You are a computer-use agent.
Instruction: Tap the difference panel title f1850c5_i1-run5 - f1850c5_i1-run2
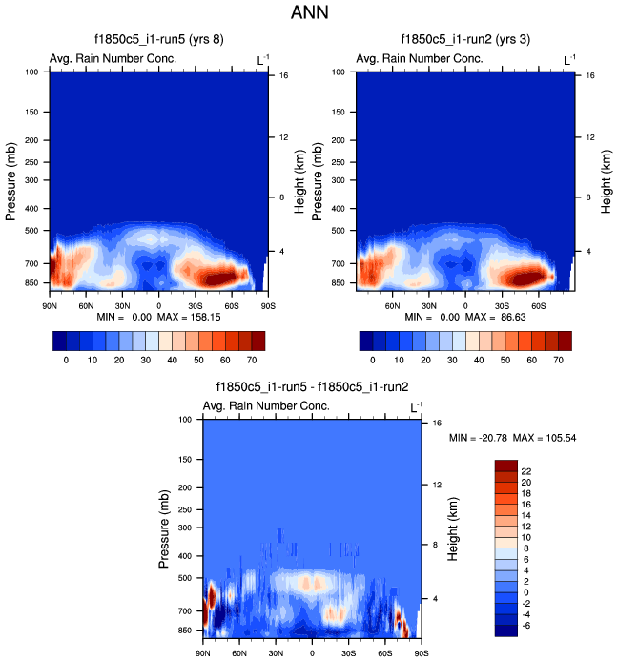[313, 387]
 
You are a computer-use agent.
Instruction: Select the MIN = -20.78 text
[476, 438]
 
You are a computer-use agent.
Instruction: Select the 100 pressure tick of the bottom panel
[187, 419]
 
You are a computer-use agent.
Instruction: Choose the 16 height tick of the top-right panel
[590, 74]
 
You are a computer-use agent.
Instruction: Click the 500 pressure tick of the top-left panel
[32, 230]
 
